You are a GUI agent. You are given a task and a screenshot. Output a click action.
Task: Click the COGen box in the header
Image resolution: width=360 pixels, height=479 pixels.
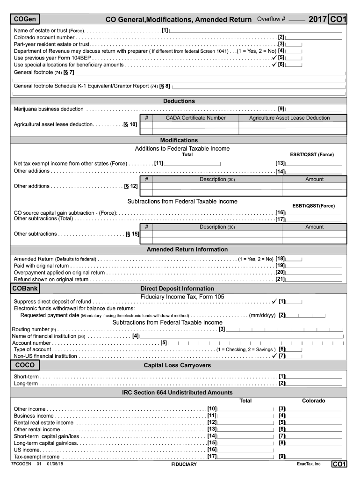pyautogui.click(x=26, y=19)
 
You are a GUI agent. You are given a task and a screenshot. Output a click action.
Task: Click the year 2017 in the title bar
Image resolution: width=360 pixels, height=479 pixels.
pyautogui.click(x=318, y=19)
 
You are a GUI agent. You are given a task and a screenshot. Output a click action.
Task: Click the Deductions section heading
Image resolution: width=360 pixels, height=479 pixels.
pyautogui.click(x=179, y=101)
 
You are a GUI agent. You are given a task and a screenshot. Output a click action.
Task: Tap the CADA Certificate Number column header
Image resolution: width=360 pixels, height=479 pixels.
pyautogui.click(x=195, y=118)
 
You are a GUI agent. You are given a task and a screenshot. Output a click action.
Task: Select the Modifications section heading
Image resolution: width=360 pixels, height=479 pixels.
pyautogui.click(x=179, y=140)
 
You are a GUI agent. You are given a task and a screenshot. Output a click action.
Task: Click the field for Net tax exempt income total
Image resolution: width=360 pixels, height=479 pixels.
pyautogui.click(x=192, y=163)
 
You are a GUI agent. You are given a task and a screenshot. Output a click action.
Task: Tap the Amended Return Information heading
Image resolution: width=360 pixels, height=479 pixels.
pyautogui.click(x=180, y=249)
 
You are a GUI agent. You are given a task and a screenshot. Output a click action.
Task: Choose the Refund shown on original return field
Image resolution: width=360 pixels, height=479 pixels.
pyautogui.click(x=315, y=279)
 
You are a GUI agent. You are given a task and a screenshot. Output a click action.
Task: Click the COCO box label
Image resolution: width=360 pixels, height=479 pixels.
pyautogui.click(x=25, y=365)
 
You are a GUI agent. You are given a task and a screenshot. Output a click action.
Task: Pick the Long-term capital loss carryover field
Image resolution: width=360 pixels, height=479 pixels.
pyautogui.click(x=315, y=384)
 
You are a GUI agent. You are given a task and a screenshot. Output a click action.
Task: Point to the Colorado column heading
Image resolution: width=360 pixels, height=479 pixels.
pyautogui.click(x=314, y=401)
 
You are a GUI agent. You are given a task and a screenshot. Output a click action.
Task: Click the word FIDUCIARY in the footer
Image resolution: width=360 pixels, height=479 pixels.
pyautogui.click(x=184, y=464)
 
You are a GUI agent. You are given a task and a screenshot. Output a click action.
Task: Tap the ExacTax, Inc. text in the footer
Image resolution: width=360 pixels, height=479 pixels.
pyautogui.click(x=309, y=464)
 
